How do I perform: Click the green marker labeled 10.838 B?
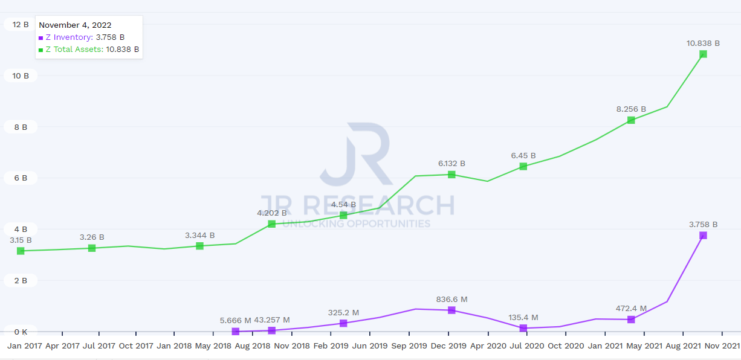703,54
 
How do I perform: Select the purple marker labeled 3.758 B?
703,235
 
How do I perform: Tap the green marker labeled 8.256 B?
631,120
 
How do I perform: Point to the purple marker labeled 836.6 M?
451,310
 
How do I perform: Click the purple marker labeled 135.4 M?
523,328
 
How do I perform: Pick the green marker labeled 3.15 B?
21,251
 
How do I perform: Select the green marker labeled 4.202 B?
271,223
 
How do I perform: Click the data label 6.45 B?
523,155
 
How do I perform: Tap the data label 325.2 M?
343,312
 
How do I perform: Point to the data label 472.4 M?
630,308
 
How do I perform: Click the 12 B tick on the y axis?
21,25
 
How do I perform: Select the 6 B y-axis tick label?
21,178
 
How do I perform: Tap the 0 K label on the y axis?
21,332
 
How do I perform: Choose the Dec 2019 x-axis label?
448,346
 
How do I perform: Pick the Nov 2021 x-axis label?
722,346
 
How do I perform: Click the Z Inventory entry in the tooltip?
82,37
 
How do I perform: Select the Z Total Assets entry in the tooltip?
89,50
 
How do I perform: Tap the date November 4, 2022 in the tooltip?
75,25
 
